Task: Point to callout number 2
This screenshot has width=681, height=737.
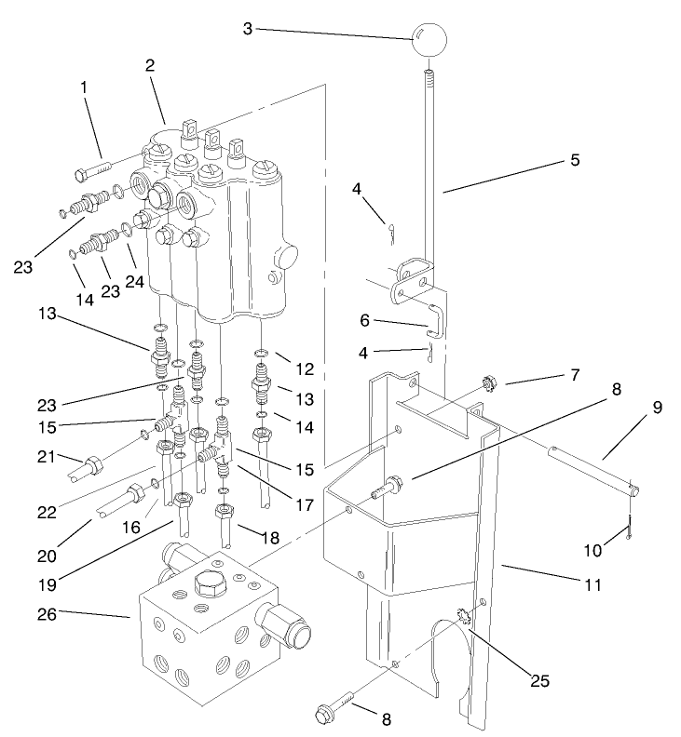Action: coord(148,66)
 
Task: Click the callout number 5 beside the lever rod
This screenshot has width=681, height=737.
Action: coord(575,159)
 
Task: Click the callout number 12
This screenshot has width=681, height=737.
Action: coord(306,368)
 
